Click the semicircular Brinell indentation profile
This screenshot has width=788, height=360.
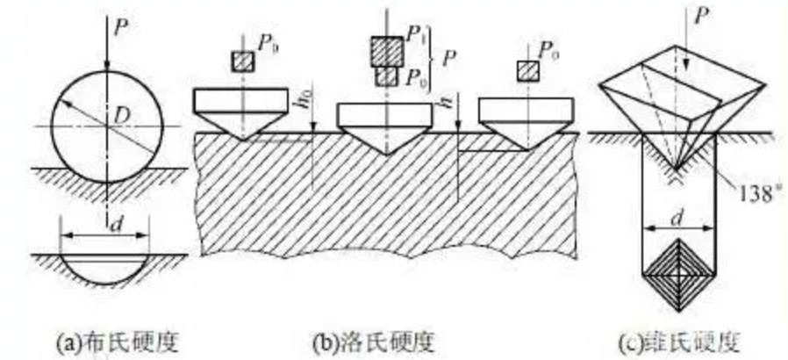(106, 268)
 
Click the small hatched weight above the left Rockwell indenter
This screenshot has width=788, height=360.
(242, 61)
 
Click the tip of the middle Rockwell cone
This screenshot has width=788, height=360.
(386, 154)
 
